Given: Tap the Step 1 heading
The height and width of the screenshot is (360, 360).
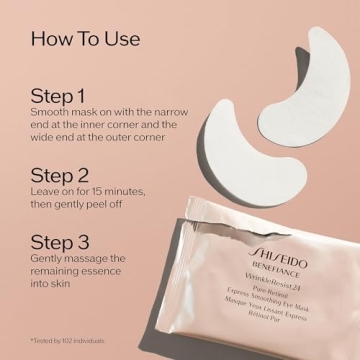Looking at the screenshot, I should tap(57, 98).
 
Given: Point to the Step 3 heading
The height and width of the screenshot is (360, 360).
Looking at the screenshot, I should tap(59, 243).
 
